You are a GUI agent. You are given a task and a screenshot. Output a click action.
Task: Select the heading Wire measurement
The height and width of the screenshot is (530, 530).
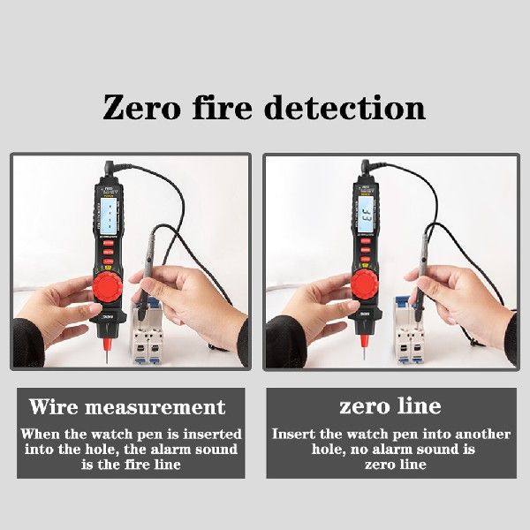click(x=127, y=407)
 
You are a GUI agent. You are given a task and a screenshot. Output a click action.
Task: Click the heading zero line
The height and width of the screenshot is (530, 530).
click(x=390, y=407)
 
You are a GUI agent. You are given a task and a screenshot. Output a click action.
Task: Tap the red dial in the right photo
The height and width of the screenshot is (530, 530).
click(x=365, y=283)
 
